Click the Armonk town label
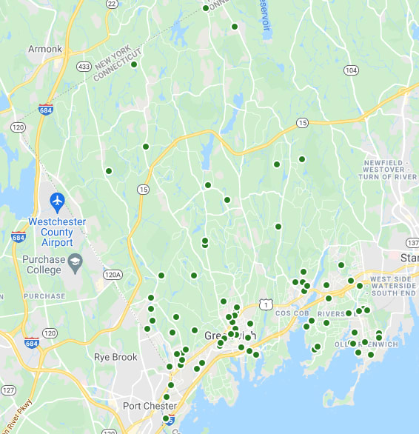point(45,49)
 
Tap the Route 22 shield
point(112,4)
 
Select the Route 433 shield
point(84,67)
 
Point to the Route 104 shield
point(351,70)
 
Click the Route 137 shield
point(412,243)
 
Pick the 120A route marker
point(112,275)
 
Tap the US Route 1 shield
point(265,304)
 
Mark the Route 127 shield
point(8,390)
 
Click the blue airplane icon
point(57,201)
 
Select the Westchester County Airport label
point(57,232)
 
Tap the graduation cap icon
point(75,261)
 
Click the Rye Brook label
point(115,357)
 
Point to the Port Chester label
point(150,406)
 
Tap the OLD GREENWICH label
point(366,344)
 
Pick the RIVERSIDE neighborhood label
point(337,314)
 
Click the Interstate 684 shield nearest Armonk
point(46,108)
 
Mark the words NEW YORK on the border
point(113,57)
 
